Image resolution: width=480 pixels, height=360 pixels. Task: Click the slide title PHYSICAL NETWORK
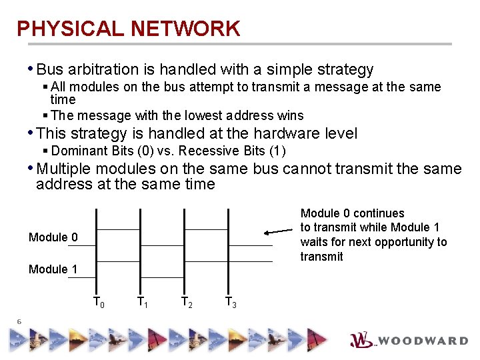[x=128, y=29]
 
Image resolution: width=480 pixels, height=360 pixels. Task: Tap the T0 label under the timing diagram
[x=99, y=302]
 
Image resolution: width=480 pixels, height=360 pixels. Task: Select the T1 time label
[x=143, y=302]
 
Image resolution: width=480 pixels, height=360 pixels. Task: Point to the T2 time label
[x=187, y=302]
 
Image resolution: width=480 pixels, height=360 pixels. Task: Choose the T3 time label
[x=231, y=302]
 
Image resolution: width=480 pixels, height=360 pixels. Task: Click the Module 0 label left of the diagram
[x=53, y=237]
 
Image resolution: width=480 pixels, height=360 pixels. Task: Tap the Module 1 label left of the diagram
[x=53, y=269]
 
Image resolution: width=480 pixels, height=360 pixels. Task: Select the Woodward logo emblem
[x=362, y=340]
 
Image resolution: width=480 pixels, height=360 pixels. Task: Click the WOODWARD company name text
[x=424, y=341]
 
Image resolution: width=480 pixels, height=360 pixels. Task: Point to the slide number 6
[x=20, y=322]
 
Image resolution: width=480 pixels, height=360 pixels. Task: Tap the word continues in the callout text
[x=379, y=213]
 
